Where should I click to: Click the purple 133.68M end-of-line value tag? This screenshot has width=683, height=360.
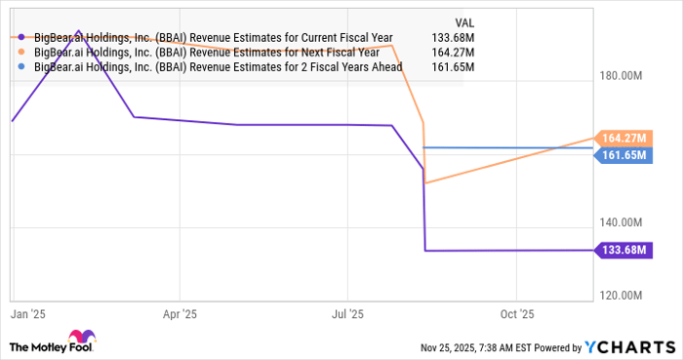coord(625,250)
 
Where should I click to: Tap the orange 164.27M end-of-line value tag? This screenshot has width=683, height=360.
coord(625,138)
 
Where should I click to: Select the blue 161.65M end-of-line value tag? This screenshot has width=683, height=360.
coord(625,155)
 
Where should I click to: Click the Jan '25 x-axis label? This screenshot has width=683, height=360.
coord(20,315)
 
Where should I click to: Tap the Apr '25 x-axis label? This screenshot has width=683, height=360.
coord(180,315)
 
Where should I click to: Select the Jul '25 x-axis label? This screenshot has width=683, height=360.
coord(348,315)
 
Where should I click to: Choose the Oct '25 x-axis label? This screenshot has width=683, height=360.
coord(517,315)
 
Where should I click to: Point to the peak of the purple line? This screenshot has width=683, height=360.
coord(78,31)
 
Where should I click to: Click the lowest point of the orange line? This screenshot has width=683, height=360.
coord(425,182)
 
